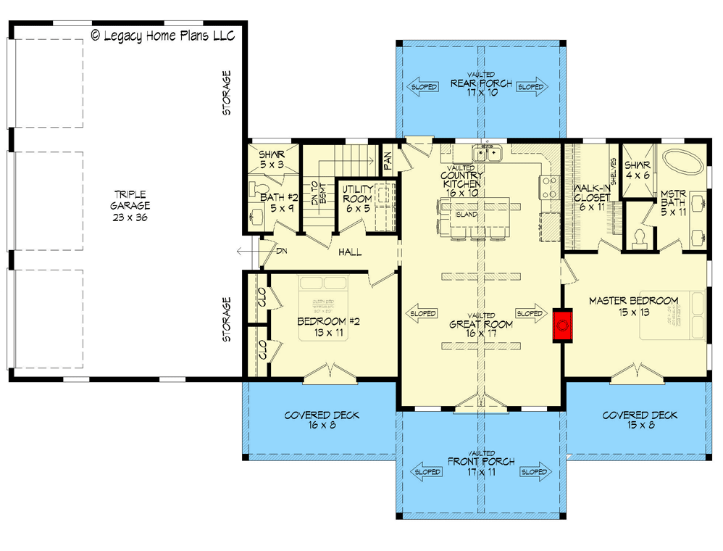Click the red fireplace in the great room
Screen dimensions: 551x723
tap(562, 326)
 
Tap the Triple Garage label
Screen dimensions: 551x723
tap(130, 206)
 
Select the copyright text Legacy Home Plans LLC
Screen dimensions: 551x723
tap(162, 36)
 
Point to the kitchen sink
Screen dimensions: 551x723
tap(488, 154)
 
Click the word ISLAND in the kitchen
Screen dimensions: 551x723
tap(465, 215)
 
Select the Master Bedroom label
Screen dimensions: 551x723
tap(632, 306)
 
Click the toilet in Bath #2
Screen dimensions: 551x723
tap(255, 215)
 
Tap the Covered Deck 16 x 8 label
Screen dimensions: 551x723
tap(322, 420)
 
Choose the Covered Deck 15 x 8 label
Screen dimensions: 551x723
tap(639, 420)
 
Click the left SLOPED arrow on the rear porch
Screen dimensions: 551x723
tap(422, 87)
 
